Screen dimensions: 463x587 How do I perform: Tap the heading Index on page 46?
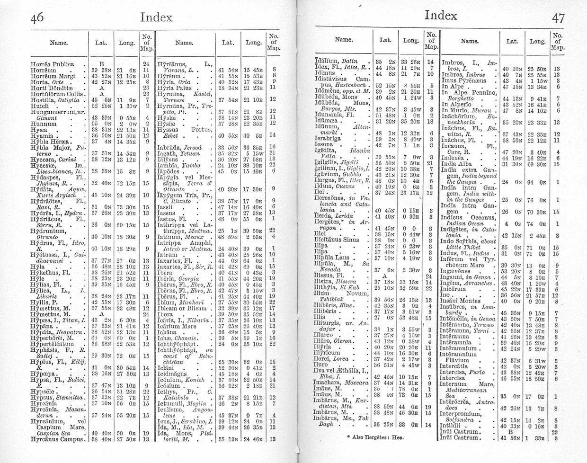click(156, 18)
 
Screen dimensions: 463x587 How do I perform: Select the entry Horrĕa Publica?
click(53, 63)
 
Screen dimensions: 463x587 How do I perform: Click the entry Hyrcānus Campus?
click(56, 438)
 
